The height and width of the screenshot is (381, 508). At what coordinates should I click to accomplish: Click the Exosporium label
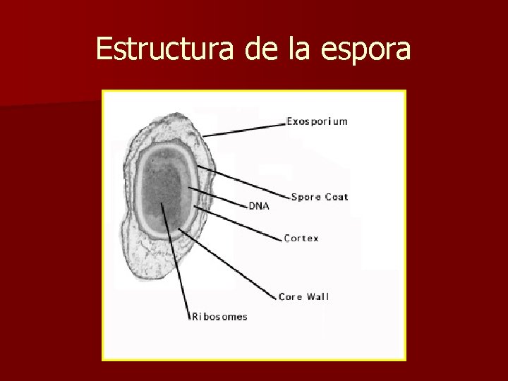point(317,121)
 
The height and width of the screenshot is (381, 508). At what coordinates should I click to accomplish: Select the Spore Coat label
point(320,197)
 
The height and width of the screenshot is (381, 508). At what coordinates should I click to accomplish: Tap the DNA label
point(259,206)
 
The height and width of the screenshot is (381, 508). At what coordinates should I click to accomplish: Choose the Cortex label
point(301,238)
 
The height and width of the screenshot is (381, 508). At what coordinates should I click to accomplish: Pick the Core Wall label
point(303,296)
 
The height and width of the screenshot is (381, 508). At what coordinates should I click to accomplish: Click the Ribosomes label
point(220,317)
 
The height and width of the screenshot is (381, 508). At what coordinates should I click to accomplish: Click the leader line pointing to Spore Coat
point(243,181)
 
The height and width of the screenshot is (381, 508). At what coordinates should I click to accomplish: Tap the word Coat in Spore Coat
point(337,197)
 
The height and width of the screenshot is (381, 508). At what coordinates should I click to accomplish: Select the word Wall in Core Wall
point(317,296)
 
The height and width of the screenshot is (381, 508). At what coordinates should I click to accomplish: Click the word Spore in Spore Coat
point(306,197)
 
